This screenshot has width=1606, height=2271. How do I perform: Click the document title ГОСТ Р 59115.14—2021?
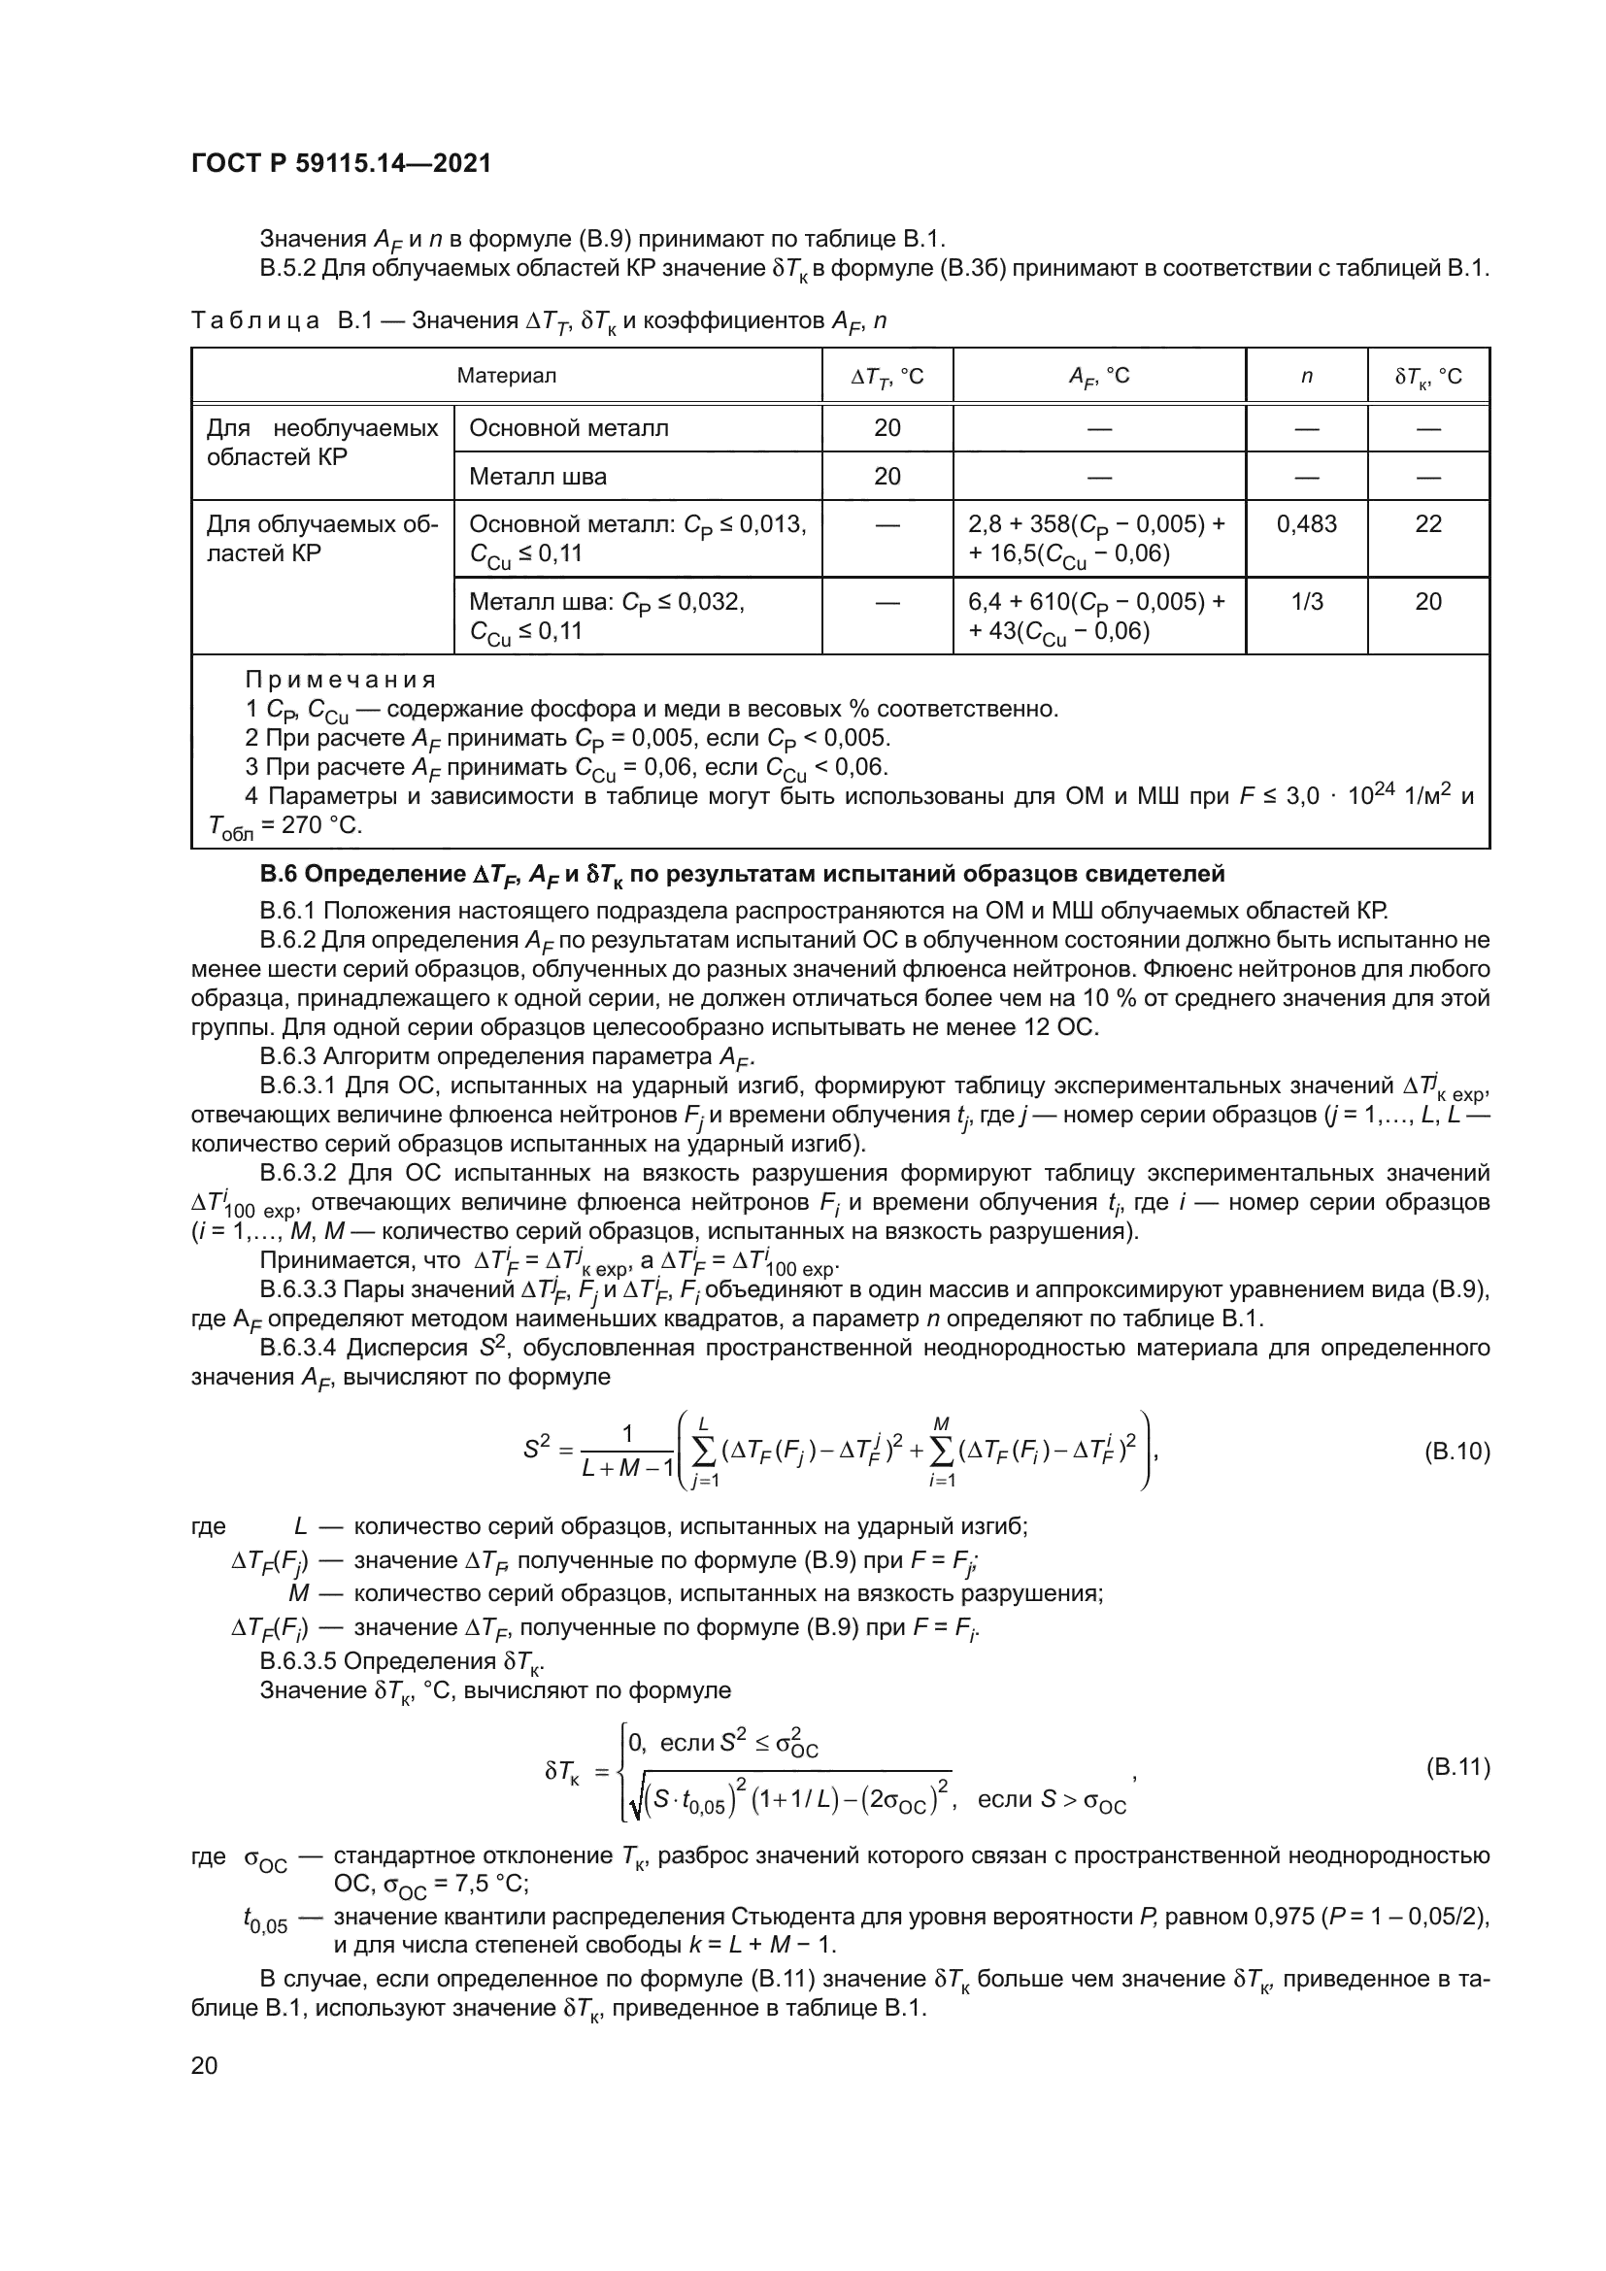(341, 164)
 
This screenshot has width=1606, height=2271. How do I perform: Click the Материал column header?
(506, 376)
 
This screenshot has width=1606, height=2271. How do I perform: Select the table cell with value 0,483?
(1305, 524)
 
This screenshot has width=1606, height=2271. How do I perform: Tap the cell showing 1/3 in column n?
(1305, 601)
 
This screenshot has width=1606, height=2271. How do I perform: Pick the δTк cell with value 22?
(1428, 524)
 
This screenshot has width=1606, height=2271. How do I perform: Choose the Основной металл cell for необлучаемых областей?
(569, 428)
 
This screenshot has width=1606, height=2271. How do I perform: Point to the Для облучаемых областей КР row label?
(321, 539)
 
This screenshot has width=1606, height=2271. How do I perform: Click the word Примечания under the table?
(340, 680)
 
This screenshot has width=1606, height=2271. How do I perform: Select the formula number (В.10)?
(1455, 1452)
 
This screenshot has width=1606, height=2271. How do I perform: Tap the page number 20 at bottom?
(204, 2065)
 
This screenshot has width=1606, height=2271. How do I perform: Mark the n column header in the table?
(1305, 376)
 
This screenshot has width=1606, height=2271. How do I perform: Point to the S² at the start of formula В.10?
(536, 1450)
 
